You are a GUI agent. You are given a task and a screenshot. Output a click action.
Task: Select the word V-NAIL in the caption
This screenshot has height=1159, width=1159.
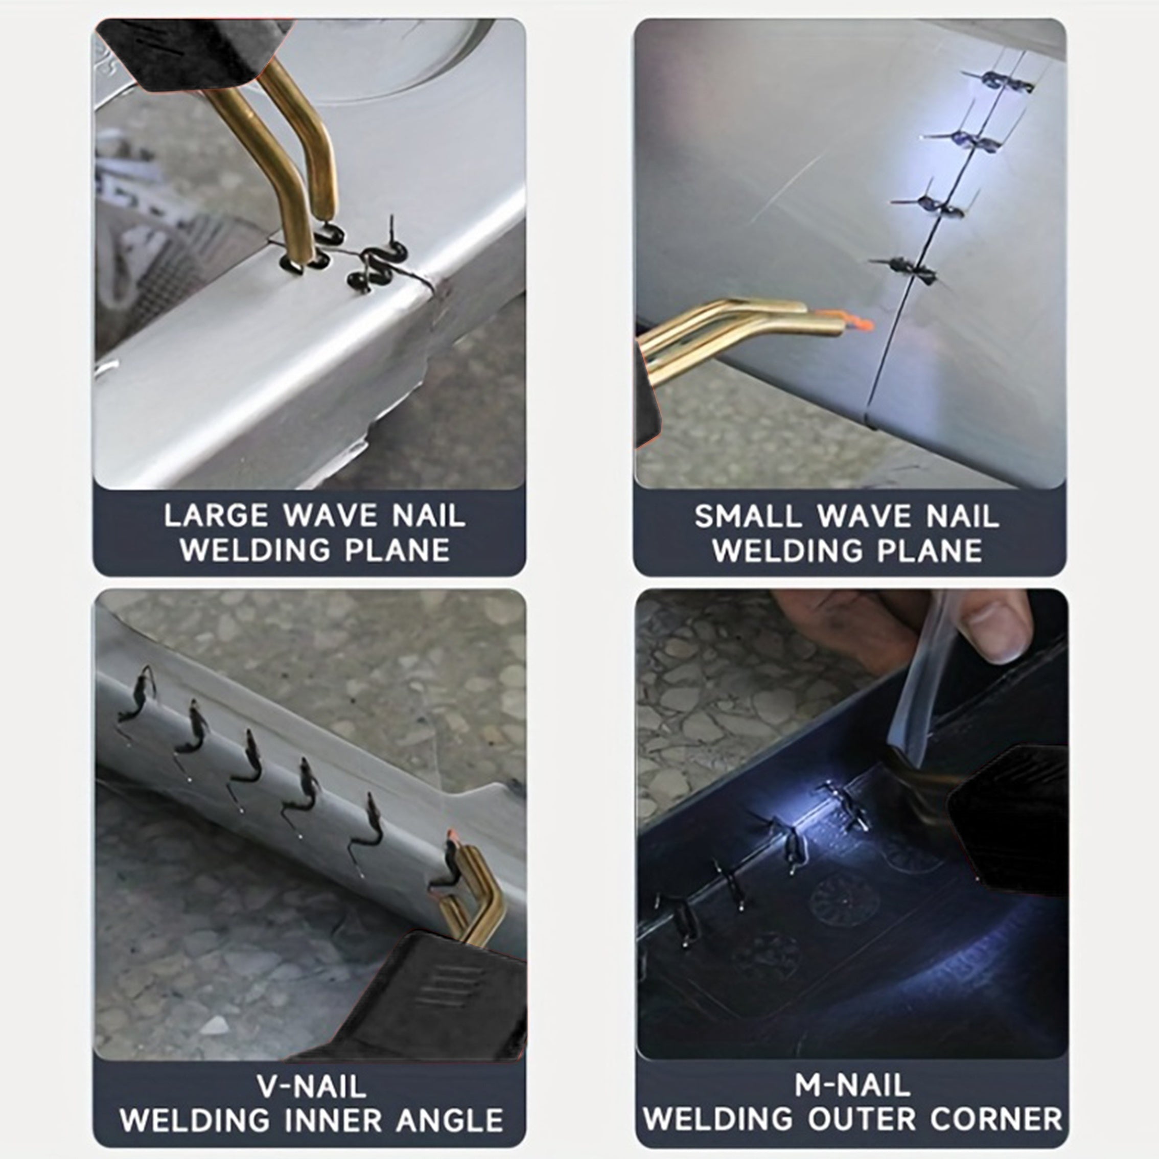click(312, 1086)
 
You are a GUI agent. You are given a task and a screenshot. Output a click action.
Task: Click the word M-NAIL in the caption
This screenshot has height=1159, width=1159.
click(852, 1084)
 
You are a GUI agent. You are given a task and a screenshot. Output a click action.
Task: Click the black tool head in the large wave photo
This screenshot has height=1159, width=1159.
click(192, 51)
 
